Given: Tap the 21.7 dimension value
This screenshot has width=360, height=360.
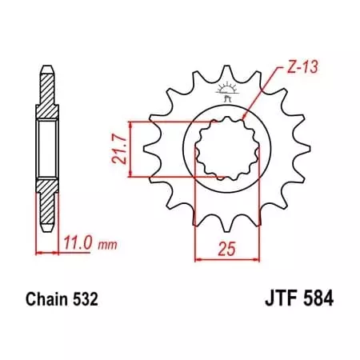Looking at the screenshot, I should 117,148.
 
